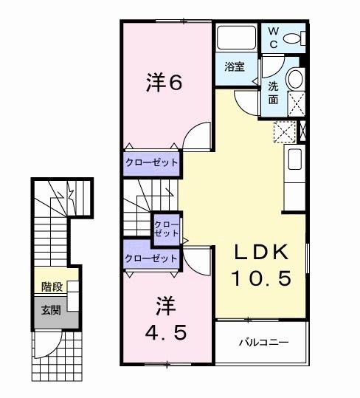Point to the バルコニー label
coord(262,343)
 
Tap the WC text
coord(272,38)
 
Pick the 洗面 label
coord(273,92)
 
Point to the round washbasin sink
coord(295,79)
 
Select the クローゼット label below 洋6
coord(151,163)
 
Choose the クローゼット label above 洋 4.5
coord(151,258)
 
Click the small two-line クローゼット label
coord(166,227)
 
